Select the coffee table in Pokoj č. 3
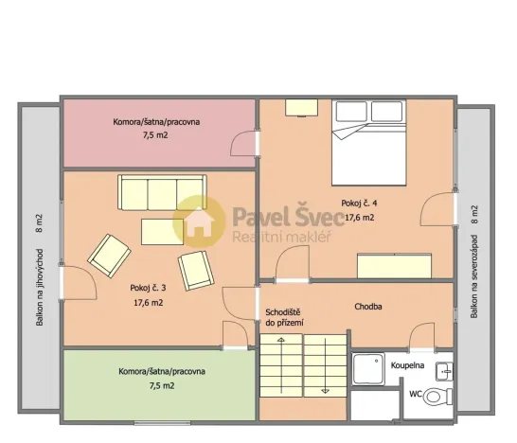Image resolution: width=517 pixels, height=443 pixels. [x=162, y=231]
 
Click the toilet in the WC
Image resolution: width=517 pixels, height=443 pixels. [x=437, y=395]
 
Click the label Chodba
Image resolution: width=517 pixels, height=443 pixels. [x=368, y=307]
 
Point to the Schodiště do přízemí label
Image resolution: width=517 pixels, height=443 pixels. [x=284, y=317]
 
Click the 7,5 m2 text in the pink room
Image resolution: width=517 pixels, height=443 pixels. [x=154, y=135]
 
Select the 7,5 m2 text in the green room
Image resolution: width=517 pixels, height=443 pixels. [x=161, y=385]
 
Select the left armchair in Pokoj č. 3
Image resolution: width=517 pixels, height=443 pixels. [x=110, y=254]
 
